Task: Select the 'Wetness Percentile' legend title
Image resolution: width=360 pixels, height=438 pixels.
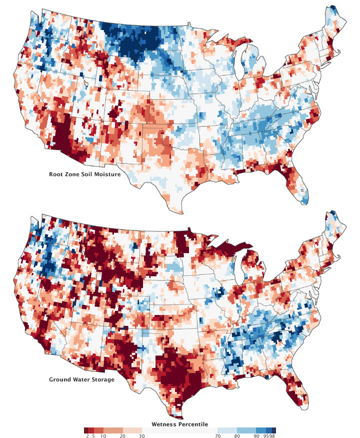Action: coord(180,423)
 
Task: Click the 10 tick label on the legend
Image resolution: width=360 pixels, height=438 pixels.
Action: coord(103,435)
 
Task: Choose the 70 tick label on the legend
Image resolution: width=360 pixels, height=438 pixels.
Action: coord(218,435)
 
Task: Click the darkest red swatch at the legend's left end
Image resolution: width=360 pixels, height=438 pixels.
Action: coord(86,429)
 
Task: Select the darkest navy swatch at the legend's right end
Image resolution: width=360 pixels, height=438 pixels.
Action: coord(273,429)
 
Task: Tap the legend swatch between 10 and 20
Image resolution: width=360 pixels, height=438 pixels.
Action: coord(113,429)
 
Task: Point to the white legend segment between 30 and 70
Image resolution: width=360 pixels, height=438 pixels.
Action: coord(180,429)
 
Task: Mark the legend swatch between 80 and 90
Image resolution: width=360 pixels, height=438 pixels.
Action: coord(247,429)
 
